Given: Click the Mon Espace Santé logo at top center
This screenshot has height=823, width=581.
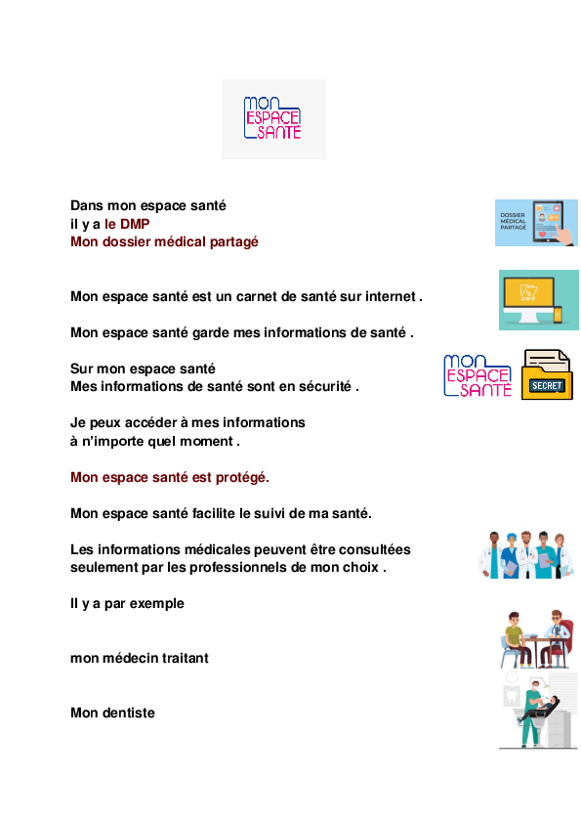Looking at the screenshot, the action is pyautogui.click(x=273, y=118).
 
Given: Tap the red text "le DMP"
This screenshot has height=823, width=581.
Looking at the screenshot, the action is pyautogui.click(x=127, y=224).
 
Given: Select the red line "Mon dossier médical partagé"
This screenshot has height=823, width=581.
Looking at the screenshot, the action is pyautogui.click(x=164, y=242).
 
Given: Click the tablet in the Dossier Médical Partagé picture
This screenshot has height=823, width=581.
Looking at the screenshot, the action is pyautogui.click(x=548, y=222).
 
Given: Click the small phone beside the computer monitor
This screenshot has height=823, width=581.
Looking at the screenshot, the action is pyautogui.click(x=558, y=315).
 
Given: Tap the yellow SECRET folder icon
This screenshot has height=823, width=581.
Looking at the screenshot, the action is pyautogui.click(x=547, y=374).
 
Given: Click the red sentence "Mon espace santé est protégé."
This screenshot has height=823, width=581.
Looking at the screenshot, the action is pyautogui.click(x=169, y=477).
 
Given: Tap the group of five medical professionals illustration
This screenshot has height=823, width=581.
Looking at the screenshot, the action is pyautogui.click(x=526, y=554).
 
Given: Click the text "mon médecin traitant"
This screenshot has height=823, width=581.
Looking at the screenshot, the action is pyautogui.click(x=140, y=658).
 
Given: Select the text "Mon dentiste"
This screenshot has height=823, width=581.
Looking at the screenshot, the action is pyautogui.click(x=112, y=713).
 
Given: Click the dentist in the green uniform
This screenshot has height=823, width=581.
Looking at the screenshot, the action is pyautogui.click(x=532, y=713).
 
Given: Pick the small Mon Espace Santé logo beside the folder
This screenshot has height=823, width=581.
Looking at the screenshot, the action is pyautogui.click(x=477, y=375).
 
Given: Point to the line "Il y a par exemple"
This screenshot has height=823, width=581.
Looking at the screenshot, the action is pyautogui.click(x=127, y=604).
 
